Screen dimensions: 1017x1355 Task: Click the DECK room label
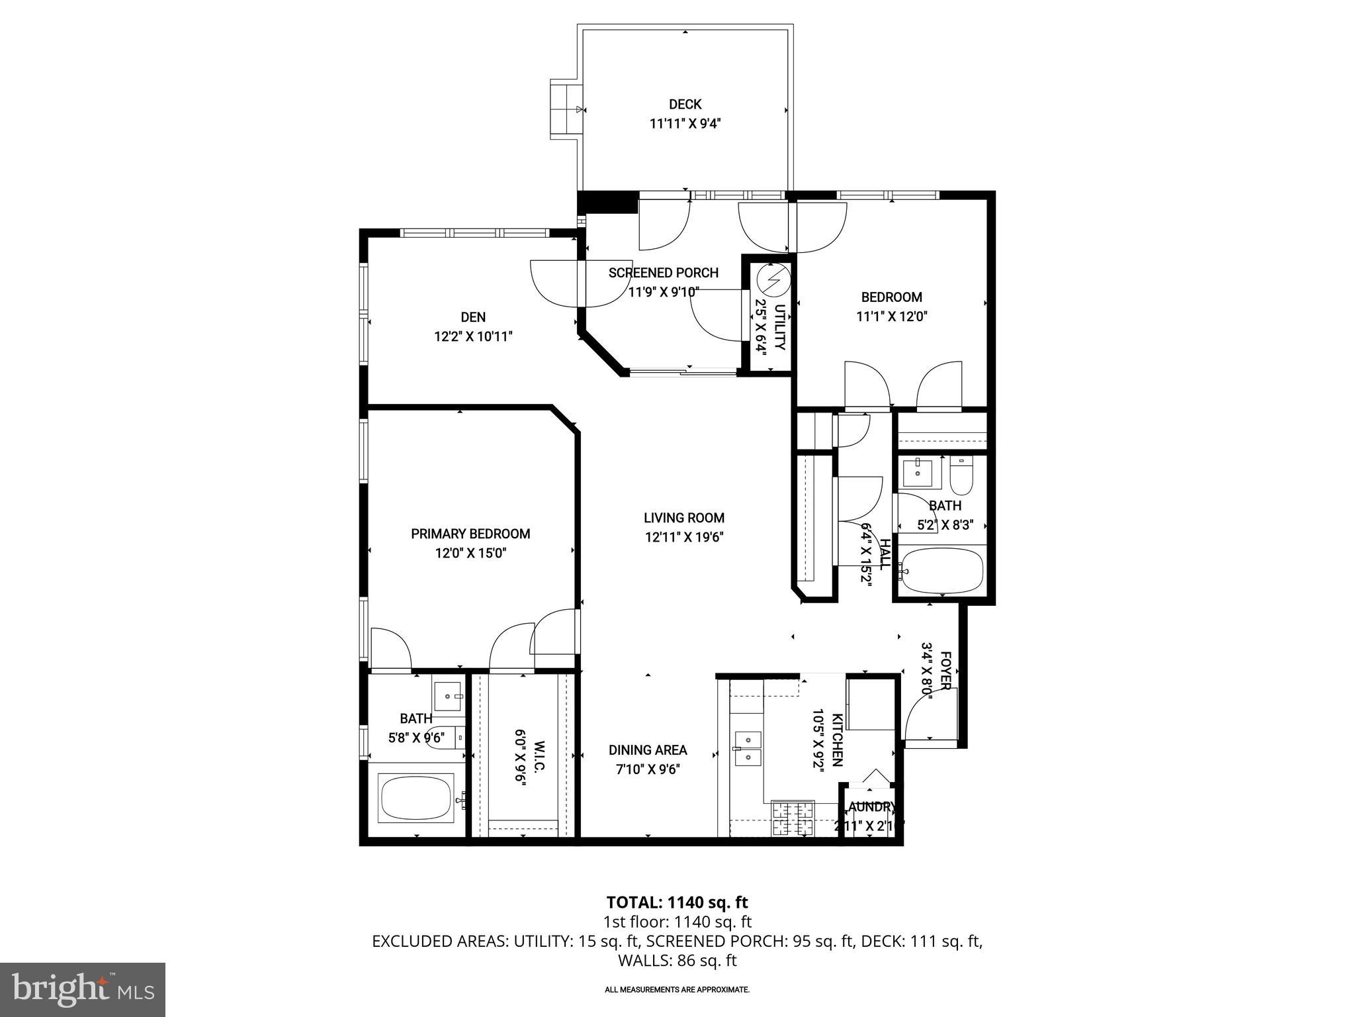(685, 104)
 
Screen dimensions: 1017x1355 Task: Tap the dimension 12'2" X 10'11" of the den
(473, 336)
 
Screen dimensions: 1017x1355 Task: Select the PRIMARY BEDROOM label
(470, 534)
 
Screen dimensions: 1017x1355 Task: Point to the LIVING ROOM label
(684, 518)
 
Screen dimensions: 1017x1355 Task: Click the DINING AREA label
(648, 750)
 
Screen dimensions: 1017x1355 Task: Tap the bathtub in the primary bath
(416, 798)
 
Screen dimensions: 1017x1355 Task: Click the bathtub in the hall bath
(943, 570)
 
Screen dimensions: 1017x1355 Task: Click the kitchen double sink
(748, 748)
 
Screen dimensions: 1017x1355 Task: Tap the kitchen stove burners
(792, 819)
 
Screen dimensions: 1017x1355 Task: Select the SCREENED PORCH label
(664, 273)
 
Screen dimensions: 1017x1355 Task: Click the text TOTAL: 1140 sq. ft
(677, 902)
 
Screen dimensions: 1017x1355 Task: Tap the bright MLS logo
(83, 989)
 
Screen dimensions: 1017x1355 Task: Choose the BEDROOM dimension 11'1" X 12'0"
(892, 316)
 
